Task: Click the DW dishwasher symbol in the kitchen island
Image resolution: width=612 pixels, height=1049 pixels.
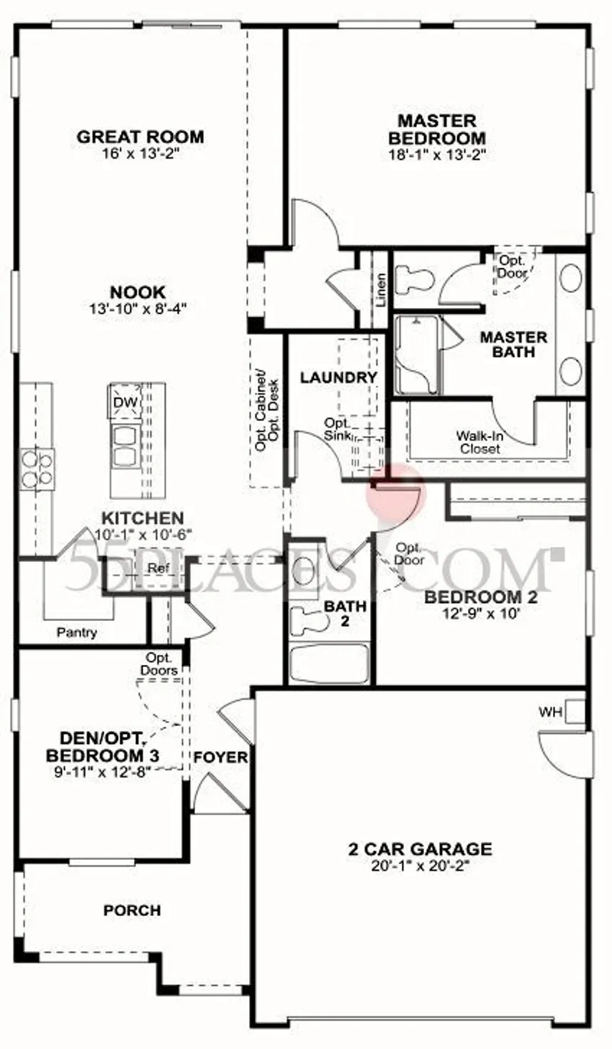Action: click(125, 401)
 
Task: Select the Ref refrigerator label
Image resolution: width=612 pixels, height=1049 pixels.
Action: click(158, 568)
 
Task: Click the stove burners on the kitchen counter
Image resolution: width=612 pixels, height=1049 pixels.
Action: click(37, 469)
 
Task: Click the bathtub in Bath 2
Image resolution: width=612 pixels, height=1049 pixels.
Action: click(329, 663)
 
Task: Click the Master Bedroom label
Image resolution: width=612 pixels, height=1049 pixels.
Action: click(437, 129)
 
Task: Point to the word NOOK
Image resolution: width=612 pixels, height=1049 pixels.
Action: click(138, 292)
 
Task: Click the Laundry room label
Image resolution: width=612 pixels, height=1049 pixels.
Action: click(338, 377)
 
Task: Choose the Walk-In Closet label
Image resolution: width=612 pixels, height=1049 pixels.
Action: click(480, 442)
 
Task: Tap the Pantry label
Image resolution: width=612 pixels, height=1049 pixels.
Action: click(77, 633)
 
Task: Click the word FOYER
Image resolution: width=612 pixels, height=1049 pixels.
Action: click(220, 757)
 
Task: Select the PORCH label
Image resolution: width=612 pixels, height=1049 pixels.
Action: click(132, 910)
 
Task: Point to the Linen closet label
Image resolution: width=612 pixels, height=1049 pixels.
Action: click(381, 290)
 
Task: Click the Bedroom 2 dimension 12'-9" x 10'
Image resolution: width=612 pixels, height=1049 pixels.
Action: click(481, 612)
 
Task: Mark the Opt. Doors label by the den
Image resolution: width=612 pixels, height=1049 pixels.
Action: click(159, 664)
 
